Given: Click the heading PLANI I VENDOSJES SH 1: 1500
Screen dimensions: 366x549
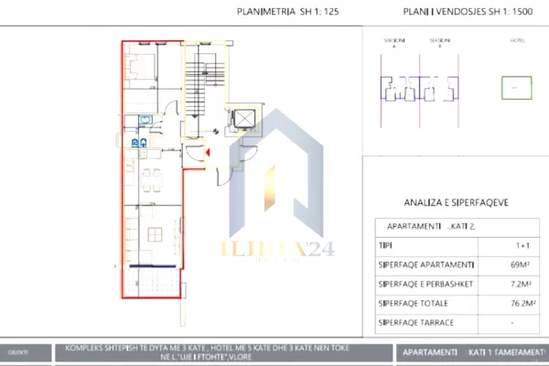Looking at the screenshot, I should click(462, 13).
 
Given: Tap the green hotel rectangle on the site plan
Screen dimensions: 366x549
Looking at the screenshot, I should click(516, 88).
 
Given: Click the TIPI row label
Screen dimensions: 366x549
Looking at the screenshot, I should click(384, 247).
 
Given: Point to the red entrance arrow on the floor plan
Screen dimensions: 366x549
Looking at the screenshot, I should click(209, 153).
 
